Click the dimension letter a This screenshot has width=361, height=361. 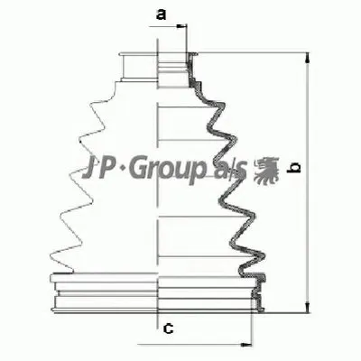(x=161, y=14)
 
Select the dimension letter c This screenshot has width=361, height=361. (x=167, y=329)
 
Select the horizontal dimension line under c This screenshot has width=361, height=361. (x=199, y=344)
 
